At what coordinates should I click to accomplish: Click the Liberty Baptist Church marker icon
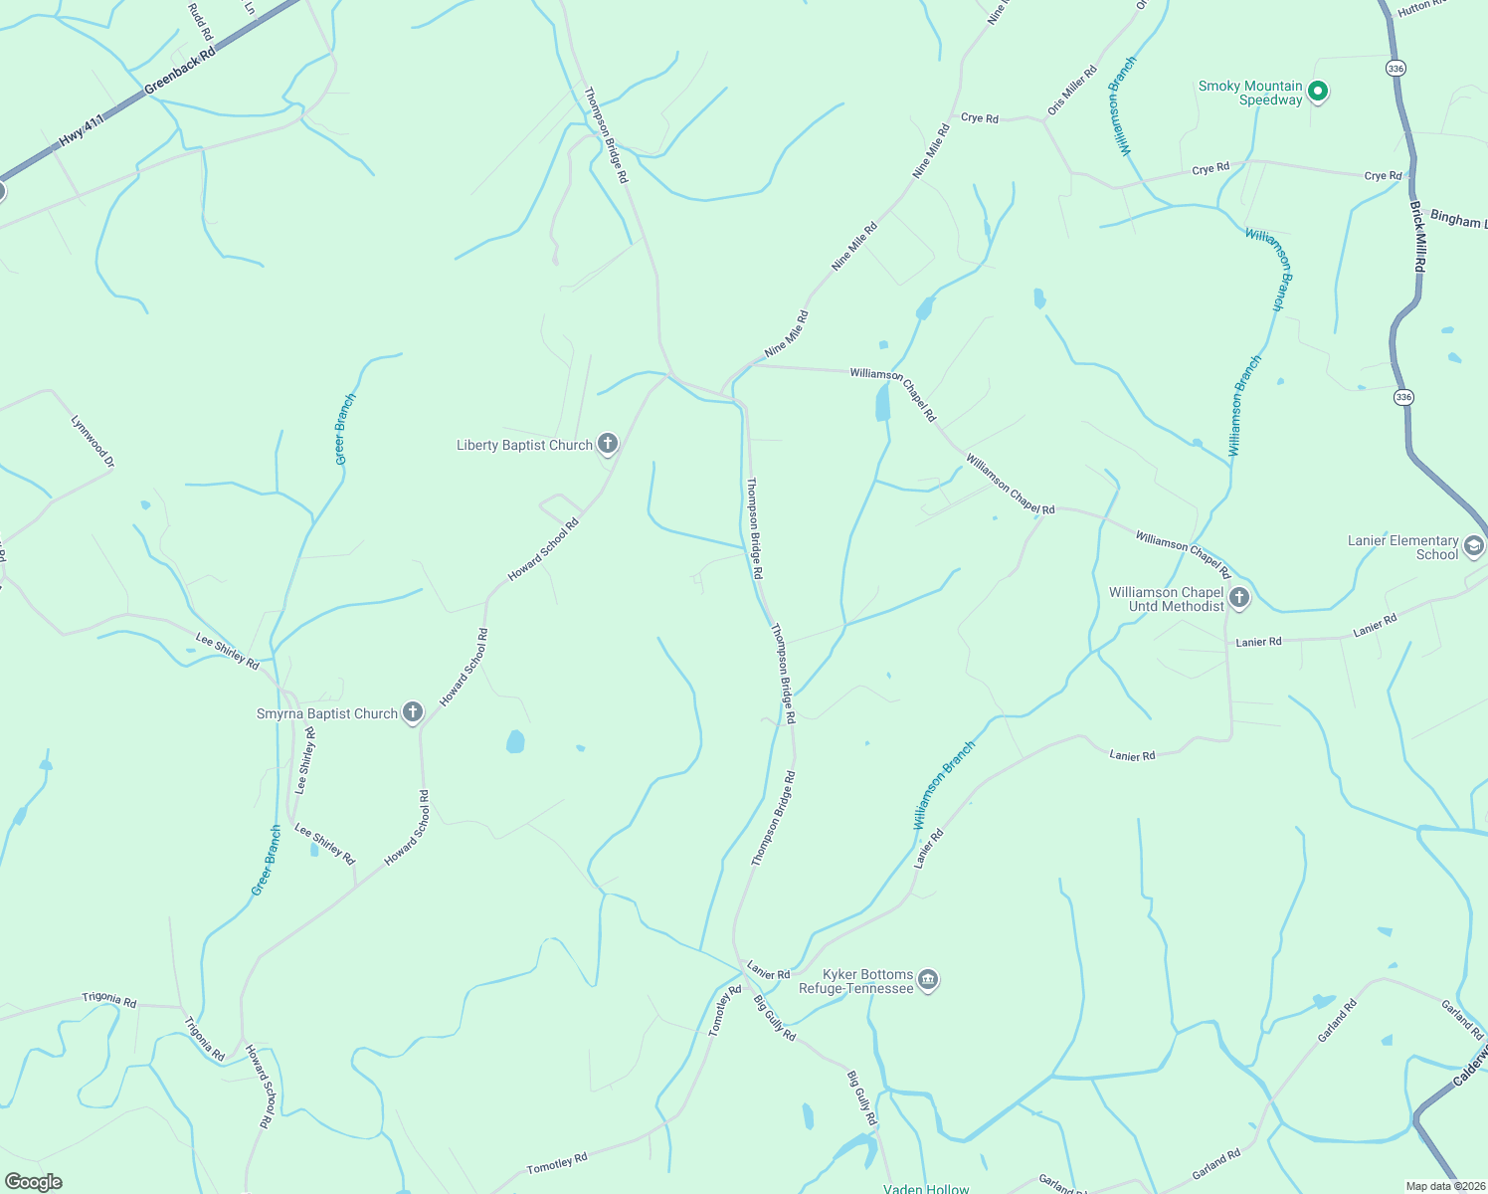(608, 444)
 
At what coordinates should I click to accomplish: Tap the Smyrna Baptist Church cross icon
(413, 712)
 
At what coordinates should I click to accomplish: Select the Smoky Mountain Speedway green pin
(1318, 93)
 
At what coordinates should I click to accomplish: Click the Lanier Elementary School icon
(1474, 546)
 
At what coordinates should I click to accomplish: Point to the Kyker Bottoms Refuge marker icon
(928, 980)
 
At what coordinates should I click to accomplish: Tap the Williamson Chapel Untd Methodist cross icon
(1239, 598)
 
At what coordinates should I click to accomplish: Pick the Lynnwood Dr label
(93, 442)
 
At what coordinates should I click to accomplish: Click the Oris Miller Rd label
(1071, 90)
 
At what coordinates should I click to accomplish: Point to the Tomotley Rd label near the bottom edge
(557, 1163)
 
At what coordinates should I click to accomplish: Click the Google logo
(34, 1181)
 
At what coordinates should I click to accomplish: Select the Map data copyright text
(1444, 1185)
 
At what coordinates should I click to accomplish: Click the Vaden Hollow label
(926, 1188)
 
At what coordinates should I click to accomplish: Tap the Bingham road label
(1458, 220)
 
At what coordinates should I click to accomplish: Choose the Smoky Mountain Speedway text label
(1250, 93)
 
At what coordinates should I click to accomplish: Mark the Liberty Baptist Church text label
(524, 445)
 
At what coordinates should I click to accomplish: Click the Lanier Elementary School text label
(1402, 547)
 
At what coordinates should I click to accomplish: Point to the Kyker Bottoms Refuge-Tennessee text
(856, 981)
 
